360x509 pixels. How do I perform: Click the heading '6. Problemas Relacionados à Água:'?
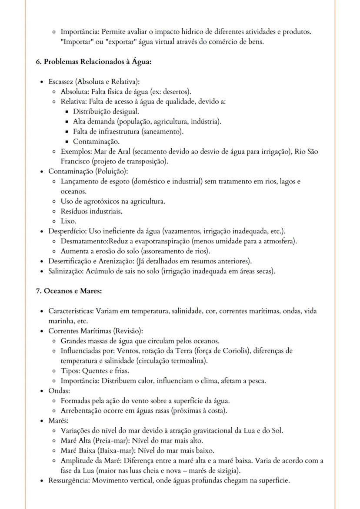[93, 62]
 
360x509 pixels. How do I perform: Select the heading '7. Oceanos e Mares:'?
[69, 290]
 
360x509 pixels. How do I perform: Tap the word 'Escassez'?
[61, 82]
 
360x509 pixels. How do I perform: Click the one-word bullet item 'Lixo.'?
[69, 221]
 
